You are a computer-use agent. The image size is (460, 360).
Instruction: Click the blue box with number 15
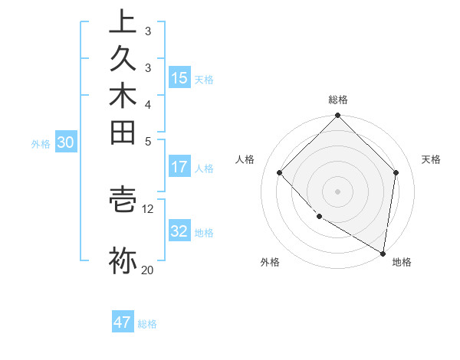(179, 77)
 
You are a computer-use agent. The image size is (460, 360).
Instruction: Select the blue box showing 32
(179, 231)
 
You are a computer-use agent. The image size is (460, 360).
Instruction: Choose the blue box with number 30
(66, 142)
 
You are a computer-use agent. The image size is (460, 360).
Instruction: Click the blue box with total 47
(123, 322)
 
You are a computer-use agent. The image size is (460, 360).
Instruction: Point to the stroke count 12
(148, 208)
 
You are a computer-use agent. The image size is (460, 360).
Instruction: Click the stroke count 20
(148, 270)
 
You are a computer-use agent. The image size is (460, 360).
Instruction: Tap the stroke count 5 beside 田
(148, 141)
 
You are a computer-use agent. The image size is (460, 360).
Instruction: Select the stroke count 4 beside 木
(148, 103)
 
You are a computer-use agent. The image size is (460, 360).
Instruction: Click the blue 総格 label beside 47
(147, 324)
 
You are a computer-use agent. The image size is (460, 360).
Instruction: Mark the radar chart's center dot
(338, 191)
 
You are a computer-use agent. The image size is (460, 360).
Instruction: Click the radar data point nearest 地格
(383, 253)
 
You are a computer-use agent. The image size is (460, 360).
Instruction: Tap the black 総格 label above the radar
(338, 100)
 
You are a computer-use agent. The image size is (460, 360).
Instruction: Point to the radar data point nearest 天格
(396, 172)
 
